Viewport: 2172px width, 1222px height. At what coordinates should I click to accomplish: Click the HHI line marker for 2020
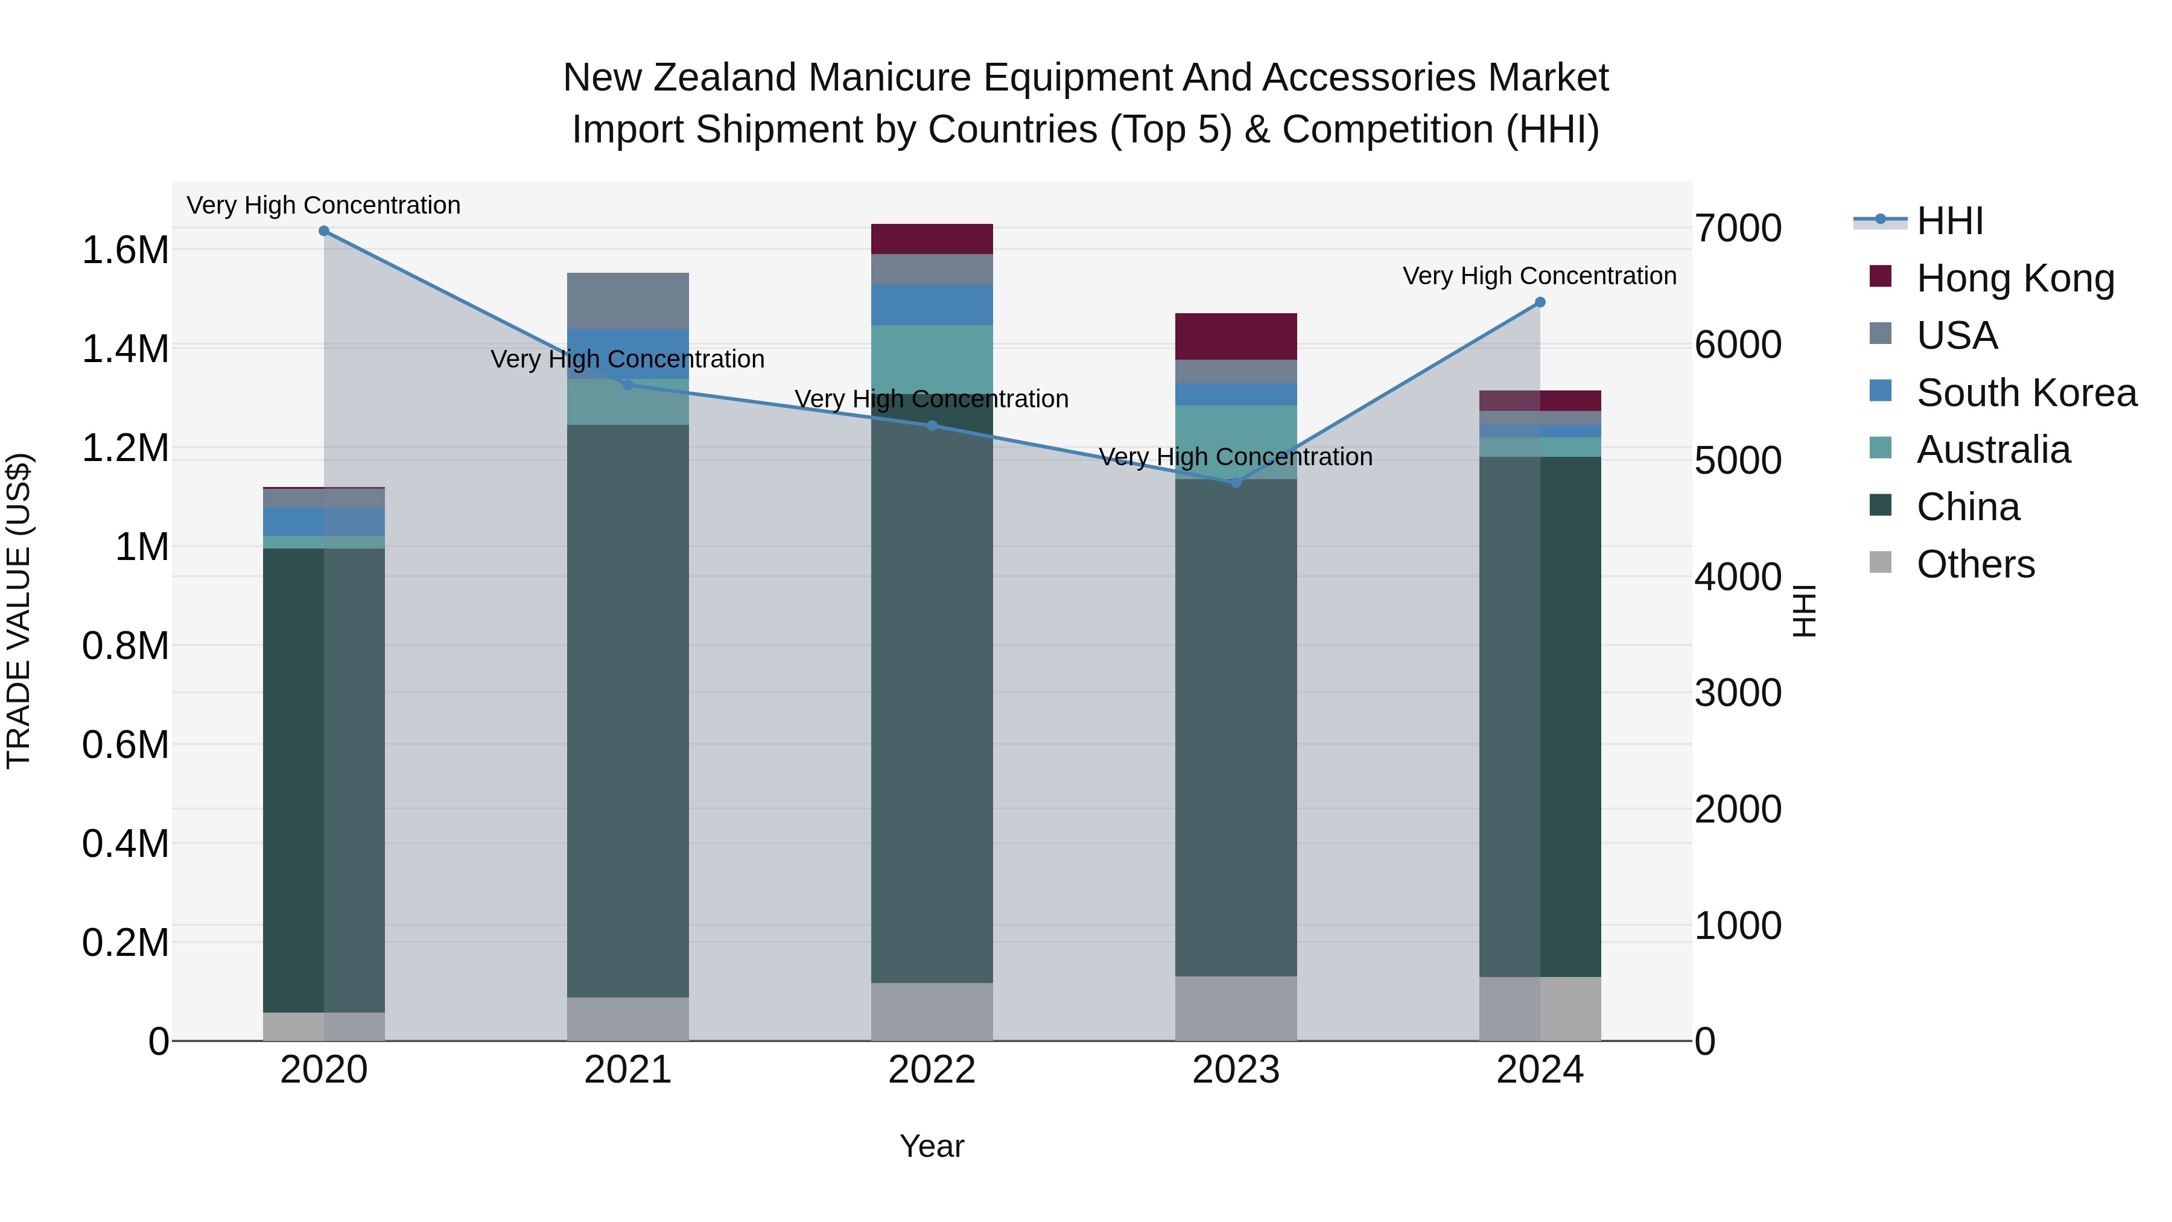tap(324, 231)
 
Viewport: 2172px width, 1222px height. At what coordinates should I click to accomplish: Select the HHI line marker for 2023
tap(1236, 482)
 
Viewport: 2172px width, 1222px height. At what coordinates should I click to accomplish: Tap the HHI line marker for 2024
tap(1540, 302)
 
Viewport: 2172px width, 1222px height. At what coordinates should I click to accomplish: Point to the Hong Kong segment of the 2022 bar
tap(932, 238)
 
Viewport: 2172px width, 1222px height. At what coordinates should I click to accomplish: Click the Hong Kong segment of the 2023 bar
tap(1236, 337)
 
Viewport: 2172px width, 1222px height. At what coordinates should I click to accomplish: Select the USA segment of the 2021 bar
tap(628, 301)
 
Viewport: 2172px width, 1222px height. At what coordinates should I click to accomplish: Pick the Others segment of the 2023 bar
tap(1236, 1008)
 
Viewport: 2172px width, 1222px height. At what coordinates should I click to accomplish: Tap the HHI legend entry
tap(1949, 221)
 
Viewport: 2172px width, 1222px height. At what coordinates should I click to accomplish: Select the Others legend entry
tap(1975, 564)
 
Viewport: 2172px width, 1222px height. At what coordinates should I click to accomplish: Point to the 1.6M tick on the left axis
tap(125, 250)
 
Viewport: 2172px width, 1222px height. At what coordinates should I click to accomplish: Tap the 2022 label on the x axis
tap(932, 1070)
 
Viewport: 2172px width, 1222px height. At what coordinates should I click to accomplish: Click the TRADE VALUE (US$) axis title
tap(19, 611)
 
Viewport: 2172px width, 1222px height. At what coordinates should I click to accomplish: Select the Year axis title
tap(932, 1146)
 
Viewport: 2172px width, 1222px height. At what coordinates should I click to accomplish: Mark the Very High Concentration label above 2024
tap(1540, 276)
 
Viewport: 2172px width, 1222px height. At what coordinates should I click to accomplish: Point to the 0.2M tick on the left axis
tap(125, 943)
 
